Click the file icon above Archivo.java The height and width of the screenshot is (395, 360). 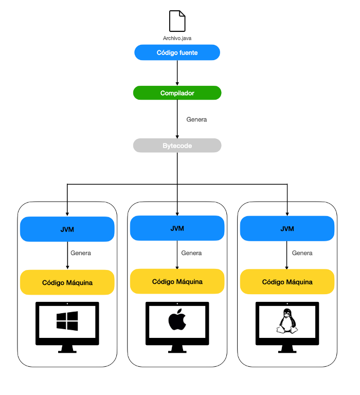click(x=177, y=21)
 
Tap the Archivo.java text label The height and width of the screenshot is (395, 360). click(x=177, y=38)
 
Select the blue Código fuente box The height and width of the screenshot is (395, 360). click(x=177, y=52)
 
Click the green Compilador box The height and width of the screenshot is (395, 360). click(x=177, y=93)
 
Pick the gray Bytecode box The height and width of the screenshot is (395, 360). click(x=177, y=146)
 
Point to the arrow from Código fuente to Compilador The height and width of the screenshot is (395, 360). click(x=177, y=73)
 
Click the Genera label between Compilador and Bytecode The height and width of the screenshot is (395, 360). click(x=196, y=119)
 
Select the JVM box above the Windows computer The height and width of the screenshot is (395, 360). click(x=67, y=229)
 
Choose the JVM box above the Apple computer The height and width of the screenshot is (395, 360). click(x=177, y=228)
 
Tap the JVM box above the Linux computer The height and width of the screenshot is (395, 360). click(x=287, y=228)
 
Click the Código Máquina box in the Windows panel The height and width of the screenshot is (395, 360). click(x=67, y=282)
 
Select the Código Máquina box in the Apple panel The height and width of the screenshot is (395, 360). click(x=177, y=281)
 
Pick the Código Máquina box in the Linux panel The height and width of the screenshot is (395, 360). click(x=287, y=281)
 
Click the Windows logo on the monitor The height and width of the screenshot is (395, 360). click(x=67, y=321)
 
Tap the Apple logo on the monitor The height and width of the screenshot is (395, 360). click(x=177, y=320)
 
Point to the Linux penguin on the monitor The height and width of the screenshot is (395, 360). click(x=287, y=320)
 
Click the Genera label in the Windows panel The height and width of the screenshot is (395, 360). click(x=81, y=253)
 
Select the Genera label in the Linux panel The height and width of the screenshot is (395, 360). click(x=302, y=253)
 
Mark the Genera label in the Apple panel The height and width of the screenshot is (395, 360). click(x=191, y=253)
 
